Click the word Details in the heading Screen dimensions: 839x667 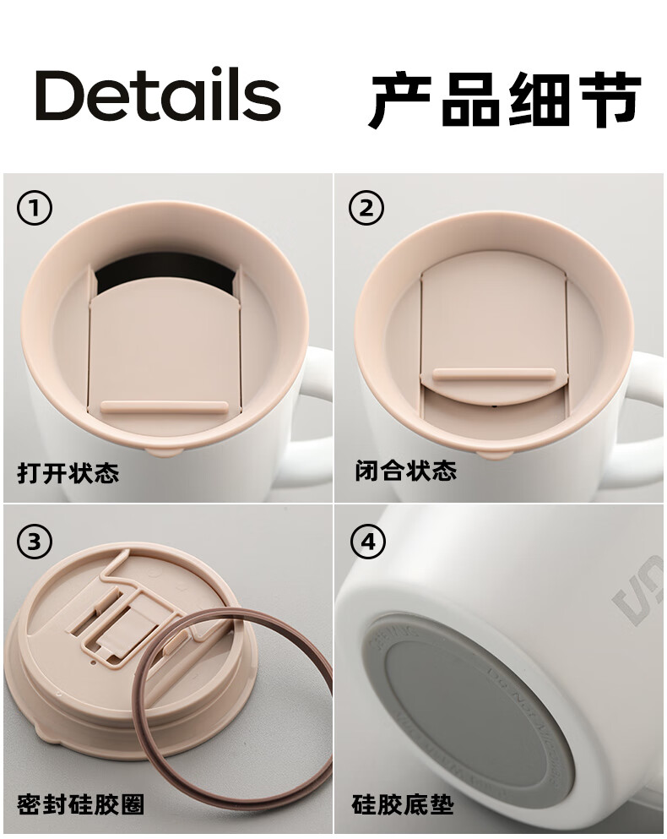[x=158, y=95]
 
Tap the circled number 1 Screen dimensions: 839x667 [x=35, y=208]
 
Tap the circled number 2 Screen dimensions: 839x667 [x=366, y=208]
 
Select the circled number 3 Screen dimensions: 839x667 [x=35, y=541]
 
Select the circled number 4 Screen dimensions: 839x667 [x=367, y=541]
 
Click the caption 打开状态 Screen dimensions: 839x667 [x=68, y=472]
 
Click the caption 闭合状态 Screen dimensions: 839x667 [x=406, y=471]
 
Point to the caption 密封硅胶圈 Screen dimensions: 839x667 [x=80, y=804]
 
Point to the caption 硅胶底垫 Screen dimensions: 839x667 [x=403, y=804]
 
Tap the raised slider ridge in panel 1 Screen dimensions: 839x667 [x=165, y=407]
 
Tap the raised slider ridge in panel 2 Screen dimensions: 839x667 [x=493, y=374]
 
